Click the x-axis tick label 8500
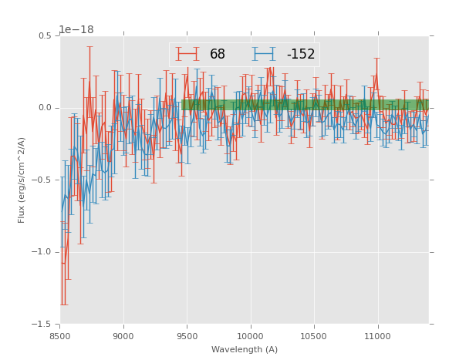(x=60, y=335)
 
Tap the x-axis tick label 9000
(x=123, y=335)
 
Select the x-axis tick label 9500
(x=187, y=335)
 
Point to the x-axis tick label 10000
(x=251, y=335)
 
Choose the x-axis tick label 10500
(x=314, y=335)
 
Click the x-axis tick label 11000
(x=378, y=335)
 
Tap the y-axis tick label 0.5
(x=44, y=36)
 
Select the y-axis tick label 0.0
(x=44, y=108)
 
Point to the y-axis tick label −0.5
(x=42, y=180)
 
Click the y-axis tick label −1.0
(x=42, y=252)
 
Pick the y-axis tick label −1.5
(x=42, y=325)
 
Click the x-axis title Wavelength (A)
(x=245, y=349)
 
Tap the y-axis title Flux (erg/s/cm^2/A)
(x=22, y=180)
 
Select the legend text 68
(x=218, y=54)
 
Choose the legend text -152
(x=300, y=54)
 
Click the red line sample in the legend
(x=187, y=54)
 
